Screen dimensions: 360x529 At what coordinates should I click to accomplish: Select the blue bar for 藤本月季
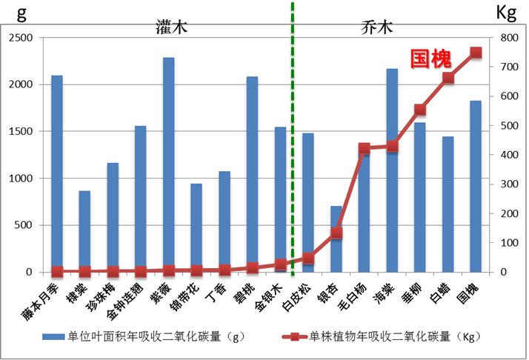click(x=57, y=173)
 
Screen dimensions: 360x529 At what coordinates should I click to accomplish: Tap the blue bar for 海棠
click(x=392, y=170)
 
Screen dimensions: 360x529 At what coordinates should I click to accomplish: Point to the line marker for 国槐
click(x=476, y=53)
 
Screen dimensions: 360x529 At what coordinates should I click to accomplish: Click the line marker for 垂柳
click(x=420, y=110)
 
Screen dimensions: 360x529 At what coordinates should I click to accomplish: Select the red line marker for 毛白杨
click(x=364, y=149)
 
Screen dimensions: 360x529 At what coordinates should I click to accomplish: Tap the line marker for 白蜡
click(x=448, y=79)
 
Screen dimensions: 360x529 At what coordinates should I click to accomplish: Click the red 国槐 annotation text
click(x=431, y=59)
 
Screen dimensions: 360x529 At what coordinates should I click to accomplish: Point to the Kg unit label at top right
click(x=506, y=13)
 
